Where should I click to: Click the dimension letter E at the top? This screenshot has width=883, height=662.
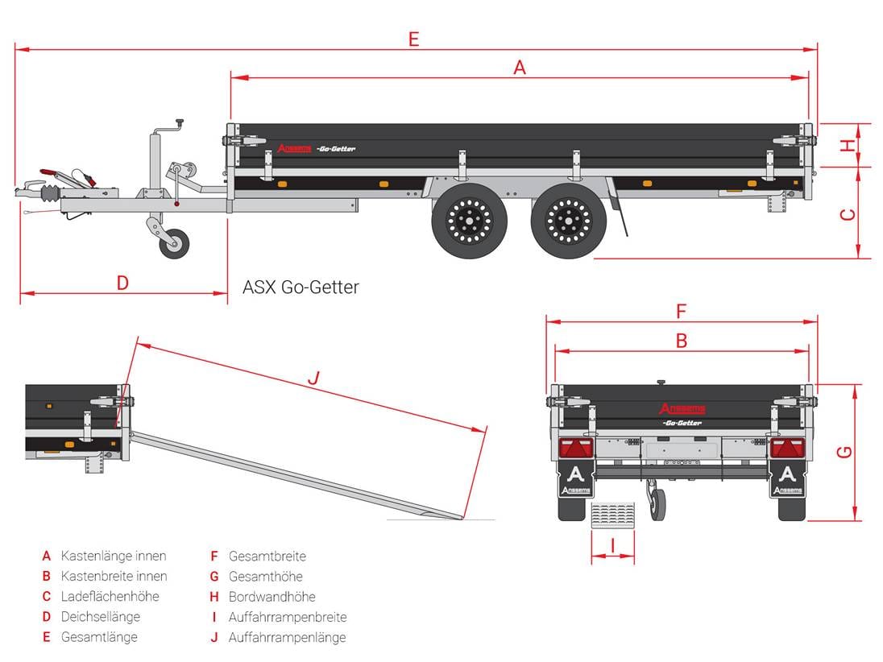[x=413, y=39]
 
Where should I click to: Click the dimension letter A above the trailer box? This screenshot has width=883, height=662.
[x=520, y=68]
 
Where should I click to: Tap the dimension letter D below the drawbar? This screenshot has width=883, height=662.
[x=122, y=283]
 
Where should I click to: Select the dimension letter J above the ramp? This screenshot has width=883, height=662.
[x=314, y=376]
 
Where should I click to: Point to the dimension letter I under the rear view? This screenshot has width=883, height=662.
[x=612, y=546]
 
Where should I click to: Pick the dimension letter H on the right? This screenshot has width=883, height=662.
[x=847, y=145]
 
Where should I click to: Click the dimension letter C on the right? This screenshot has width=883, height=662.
[x=847, y=214]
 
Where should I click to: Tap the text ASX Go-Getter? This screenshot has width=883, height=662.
[x=301, y=288]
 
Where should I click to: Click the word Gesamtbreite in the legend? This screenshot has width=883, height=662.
[x=267, y=556]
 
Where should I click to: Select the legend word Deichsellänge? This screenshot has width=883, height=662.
[x=101, y=617]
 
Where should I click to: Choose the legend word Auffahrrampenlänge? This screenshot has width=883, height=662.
[x=287, y=637]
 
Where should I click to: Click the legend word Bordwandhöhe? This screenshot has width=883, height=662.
[x=272, y=597]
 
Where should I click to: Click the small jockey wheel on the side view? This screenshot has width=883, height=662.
[x=174, y=242]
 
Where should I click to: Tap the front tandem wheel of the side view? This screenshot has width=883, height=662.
[x=470, y=219]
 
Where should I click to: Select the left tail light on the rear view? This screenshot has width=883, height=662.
[x=576, y=448]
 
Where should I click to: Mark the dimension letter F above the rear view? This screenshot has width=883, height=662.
[x=681, y=311]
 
